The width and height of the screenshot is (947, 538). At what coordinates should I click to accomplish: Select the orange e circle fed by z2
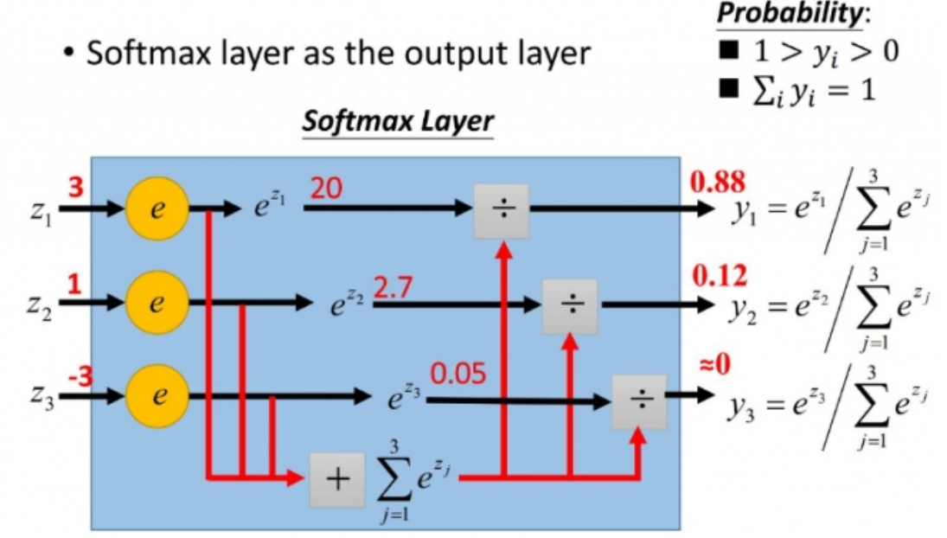(157, 304)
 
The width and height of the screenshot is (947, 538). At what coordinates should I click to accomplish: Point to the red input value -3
(80, 375)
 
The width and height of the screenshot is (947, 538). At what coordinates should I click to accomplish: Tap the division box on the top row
(501, 211)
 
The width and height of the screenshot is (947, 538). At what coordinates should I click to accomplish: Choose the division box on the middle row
(570, 306)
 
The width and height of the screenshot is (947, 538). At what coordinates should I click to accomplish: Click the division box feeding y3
(639, 401)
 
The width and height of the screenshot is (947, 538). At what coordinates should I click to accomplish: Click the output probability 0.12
(720, 279)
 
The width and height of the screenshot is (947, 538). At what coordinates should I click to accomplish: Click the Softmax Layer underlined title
(397, 121)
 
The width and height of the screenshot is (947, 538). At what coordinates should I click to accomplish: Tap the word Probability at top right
(781, 15)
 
